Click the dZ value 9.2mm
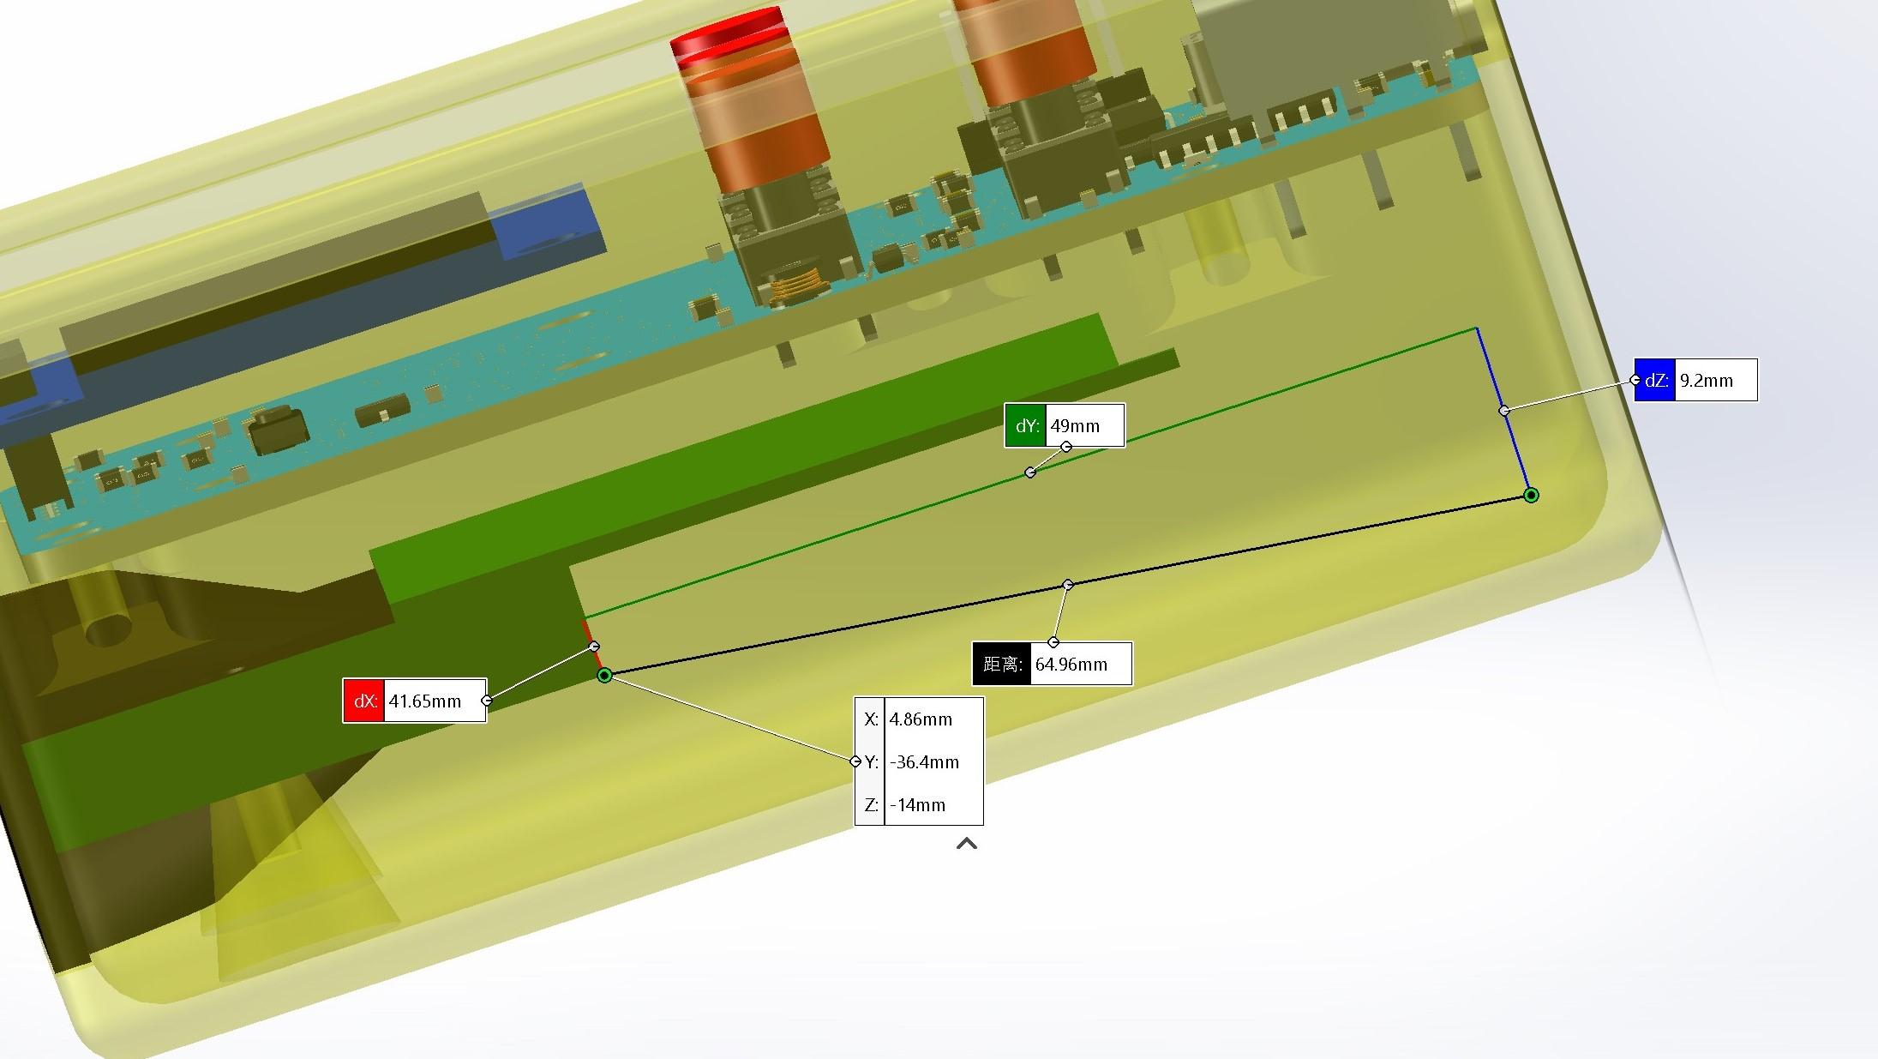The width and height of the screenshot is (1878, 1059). click(1706, 381)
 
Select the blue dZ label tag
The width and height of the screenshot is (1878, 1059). click(1654, 380)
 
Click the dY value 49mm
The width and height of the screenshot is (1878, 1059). click(1075, 426)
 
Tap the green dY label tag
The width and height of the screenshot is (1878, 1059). click(1026, 426)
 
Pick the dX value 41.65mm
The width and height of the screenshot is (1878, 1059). click(425, 701)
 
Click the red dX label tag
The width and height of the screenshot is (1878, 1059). click(364, 701)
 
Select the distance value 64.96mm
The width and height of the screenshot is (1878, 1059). click(1071, 665)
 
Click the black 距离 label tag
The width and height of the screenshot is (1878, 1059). click(1002, 664)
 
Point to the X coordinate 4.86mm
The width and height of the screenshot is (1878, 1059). click(921, 719)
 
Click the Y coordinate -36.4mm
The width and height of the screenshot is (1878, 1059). click(924, 762)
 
